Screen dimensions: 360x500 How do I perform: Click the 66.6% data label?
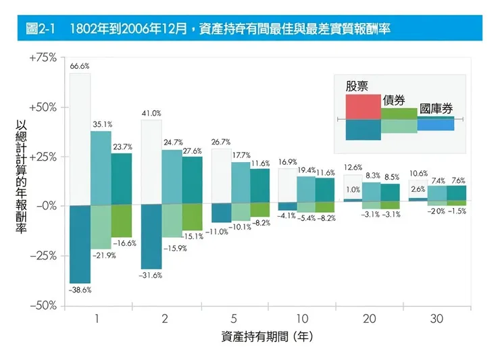point(80,66)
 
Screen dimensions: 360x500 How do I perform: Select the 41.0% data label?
point(151,113)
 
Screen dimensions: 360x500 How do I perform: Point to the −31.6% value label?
point(151,276)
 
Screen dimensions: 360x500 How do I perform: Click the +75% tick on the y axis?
point(43,57)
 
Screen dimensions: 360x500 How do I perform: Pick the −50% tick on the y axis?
point(43,305)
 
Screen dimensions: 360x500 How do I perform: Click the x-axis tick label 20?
point(368,318)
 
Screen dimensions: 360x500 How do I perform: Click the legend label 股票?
point(357,86)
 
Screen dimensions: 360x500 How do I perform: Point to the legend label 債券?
point(395,99)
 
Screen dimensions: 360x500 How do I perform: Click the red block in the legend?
point(363,106)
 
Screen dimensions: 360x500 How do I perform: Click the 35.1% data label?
point(103,124)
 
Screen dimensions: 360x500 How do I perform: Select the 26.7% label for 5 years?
point(221,142)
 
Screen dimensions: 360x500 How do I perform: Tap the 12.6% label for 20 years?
point(353,167)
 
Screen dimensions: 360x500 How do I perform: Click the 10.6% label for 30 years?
point(419,173)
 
